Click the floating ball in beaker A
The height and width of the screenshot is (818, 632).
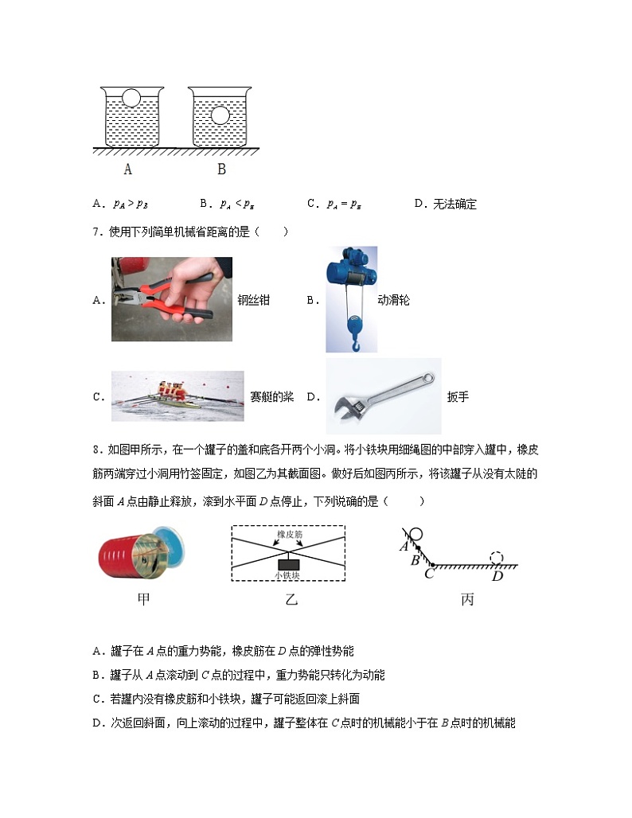[x=131, y=99]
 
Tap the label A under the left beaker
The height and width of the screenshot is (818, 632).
[x=128, y=169]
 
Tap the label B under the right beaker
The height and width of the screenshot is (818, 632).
[x=221, y=169]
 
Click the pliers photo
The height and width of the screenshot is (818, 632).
[x=172, y=299]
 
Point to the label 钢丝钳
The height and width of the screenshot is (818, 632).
[x=253, y=300]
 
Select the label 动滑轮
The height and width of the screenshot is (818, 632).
[x=393, y=300]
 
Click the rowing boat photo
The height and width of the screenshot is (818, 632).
[x=178, y=395]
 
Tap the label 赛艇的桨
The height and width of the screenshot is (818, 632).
[x=271, y=396]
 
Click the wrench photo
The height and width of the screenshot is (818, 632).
[x=384, y=395]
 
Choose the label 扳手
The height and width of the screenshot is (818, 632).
[x=458, y=396]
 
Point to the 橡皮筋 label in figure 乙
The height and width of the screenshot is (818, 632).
[x=289, y=535]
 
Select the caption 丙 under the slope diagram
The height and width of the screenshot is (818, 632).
[x=466, y=599]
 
